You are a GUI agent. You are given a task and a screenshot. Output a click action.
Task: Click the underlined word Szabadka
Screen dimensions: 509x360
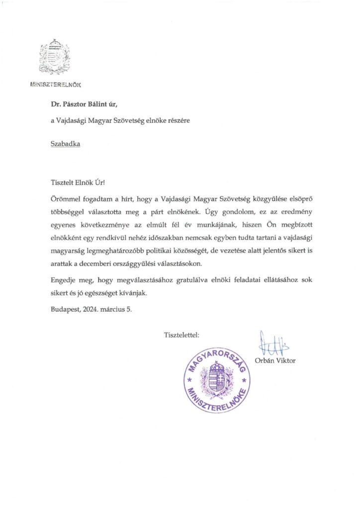[65, 144]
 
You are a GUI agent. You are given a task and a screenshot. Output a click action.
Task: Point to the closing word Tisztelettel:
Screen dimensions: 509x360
[181, 335]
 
